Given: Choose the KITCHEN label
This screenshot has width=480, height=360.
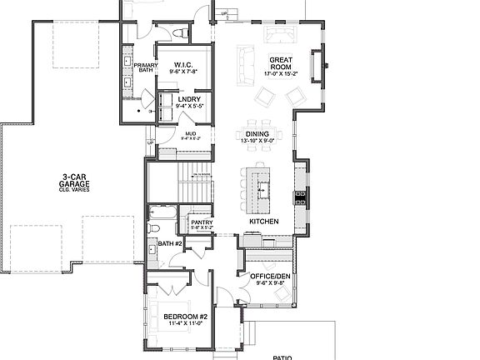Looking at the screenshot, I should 263,221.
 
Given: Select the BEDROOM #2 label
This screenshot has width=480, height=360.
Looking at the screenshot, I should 185,317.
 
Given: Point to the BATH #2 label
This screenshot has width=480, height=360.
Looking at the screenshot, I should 170,243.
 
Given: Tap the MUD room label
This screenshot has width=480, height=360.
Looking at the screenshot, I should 190,133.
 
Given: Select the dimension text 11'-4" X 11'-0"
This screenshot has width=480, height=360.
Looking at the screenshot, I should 185,325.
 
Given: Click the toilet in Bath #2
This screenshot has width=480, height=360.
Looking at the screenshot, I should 154,227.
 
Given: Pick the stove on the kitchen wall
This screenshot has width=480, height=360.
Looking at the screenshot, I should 301,197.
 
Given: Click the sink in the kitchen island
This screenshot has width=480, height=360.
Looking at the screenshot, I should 263,185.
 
